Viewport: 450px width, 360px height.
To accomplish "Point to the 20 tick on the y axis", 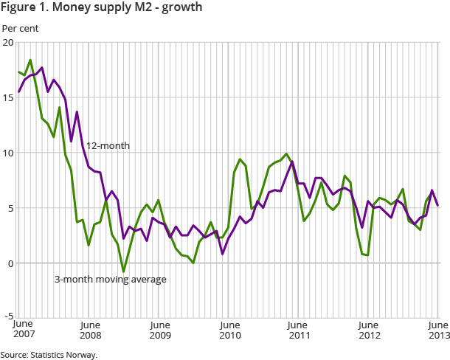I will (x=8, y=42).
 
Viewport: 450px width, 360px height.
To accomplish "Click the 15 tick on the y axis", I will (x=8, y=97).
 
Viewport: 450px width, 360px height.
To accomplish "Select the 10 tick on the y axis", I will (x=8, y=153).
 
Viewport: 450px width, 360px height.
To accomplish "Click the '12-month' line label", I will (x=108, y=146).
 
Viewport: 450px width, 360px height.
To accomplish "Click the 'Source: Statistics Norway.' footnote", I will (x=49, y=354).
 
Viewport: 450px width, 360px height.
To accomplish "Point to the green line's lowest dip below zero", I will (x=123, y=271).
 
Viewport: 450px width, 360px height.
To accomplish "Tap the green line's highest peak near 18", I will (x=30, y=60).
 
